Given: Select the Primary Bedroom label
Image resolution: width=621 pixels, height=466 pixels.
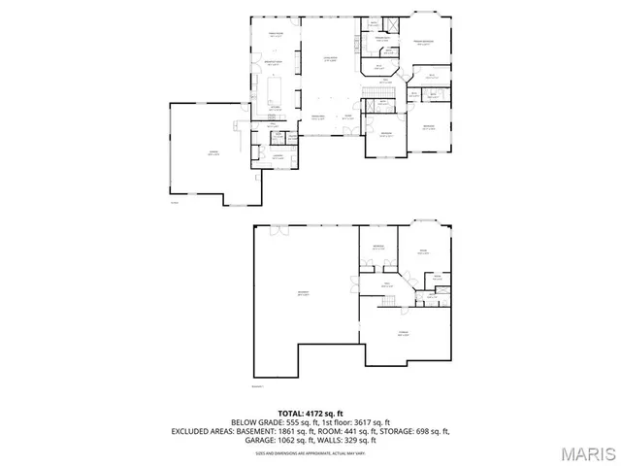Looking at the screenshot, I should tap(424, 43).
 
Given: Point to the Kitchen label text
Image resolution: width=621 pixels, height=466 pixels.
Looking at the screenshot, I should tap(276, 109).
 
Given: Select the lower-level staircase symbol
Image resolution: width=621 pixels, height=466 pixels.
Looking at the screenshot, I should tap(389, 303).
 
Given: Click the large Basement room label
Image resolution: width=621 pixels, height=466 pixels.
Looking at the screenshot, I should tap(304, 294).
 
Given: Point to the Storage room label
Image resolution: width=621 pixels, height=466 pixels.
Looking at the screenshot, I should tap(403, 333).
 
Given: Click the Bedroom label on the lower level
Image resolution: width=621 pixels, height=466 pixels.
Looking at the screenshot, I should tap(379, 248).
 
